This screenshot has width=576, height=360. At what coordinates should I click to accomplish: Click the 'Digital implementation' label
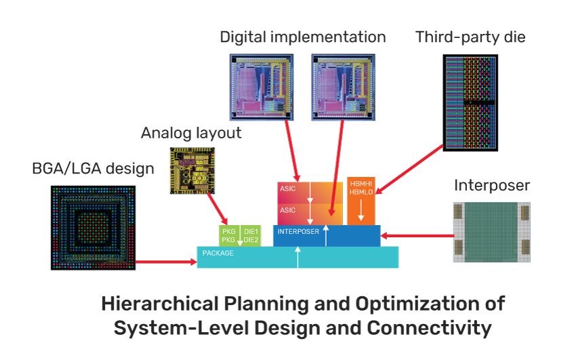(302, 37)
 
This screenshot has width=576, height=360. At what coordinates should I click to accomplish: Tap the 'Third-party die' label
(470, 37)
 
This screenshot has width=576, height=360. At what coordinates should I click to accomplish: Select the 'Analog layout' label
(191, 133)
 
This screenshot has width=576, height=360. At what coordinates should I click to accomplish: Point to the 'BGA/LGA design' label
(94, 168)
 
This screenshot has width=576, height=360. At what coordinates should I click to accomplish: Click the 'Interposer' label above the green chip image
(492, 185)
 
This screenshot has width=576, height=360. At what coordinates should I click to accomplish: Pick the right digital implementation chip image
(342, 88)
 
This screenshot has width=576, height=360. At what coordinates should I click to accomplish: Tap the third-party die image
(470, 102)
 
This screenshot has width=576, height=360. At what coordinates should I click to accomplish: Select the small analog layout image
(190, 169)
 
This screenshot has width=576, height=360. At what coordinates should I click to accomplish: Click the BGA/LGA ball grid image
(94, 228)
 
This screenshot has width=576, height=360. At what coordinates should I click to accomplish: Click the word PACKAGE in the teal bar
(218, 253)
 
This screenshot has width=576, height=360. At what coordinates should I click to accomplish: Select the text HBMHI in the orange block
(360, 184)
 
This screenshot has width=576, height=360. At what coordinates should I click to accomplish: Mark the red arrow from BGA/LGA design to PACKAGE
(166, 261)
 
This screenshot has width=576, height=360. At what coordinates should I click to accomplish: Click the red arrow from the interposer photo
(417, 236)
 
